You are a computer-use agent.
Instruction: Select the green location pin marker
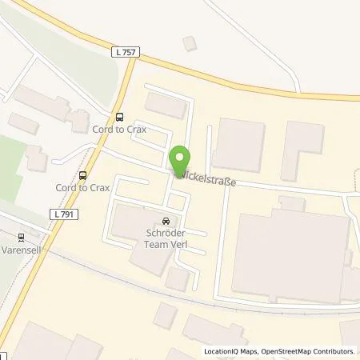(x=180, y=159)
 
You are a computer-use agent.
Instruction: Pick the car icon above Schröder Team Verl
(x=166, y=222)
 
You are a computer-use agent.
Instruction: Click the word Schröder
(x=166, y=234)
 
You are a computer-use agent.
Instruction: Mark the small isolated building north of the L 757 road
(x=189, y=42)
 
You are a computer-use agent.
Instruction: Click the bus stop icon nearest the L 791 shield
(x=83, y=175)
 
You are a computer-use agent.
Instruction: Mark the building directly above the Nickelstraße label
(x=238, y=145)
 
